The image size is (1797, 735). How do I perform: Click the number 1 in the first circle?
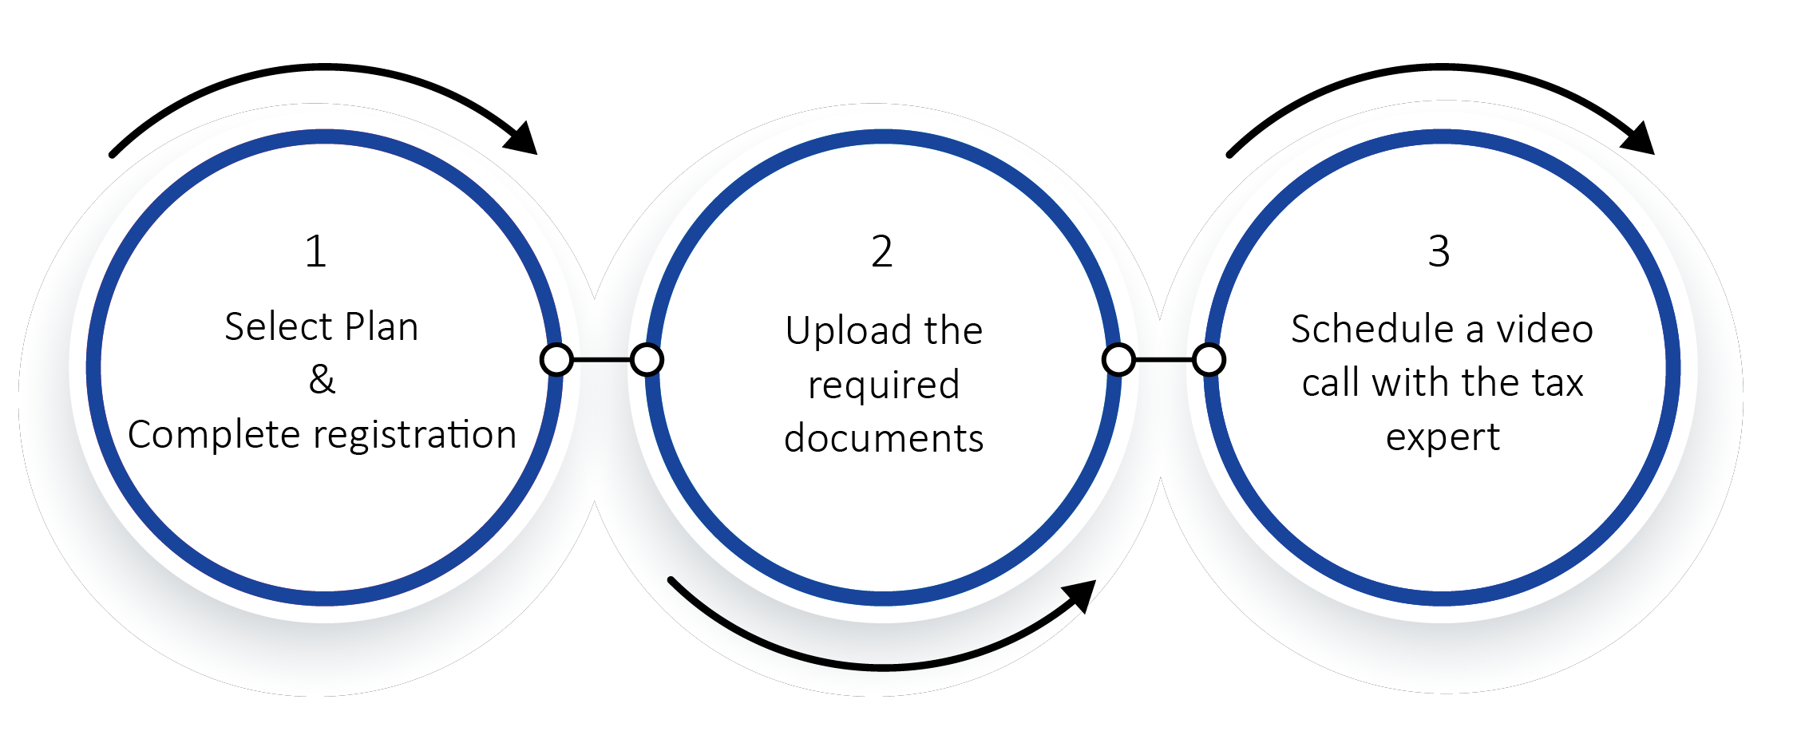click(x=316, y=251)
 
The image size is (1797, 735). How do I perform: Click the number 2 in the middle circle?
click(x=881, y=251)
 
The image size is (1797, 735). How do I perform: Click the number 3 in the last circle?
click(x=1439, y=251)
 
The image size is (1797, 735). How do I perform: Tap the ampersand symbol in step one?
click(x=322, y=379)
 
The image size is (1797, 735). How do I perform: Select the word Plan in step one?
click(x=382, y=326)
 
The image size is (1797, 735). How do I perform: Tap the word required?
click(x=884, y=385)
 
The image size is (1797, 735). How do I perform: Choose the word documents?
click(x=884, y=438)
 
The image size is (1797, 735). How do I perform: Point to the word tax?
click(x=1558, y=382)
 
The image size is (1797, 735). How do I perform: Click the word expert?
click(x=1443, y=437)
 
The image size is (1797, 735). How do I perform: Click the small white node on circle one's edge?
click(x=556, y=360)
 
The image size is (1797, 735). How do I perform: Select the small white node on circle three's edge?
click(x=1209, y=360)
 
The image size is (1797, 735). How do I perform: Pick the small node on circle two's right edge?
click(x=1118, y=360)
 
